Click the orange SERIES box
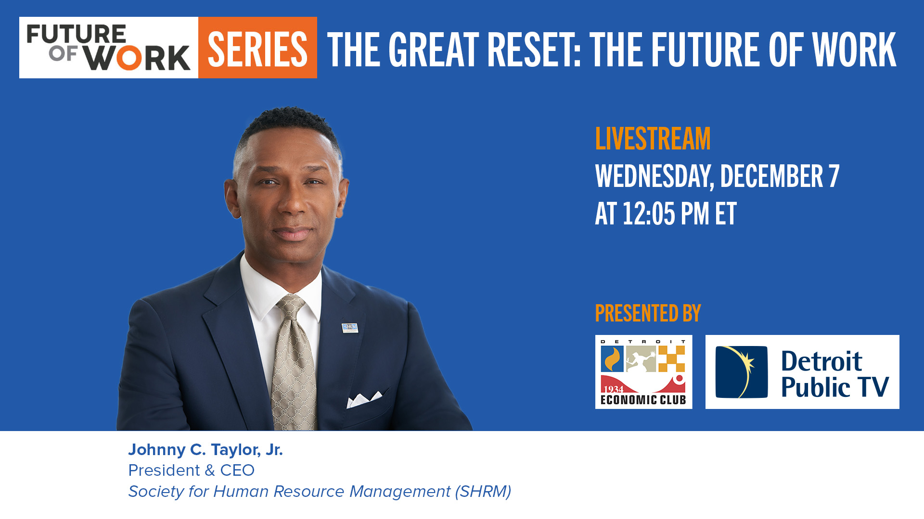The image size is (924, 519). pyautogui.click(x=257, y=48)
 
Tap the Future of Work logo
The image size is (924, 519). pyautogui.click(x=109, y=48)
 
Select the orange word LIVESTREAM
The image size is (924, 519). pyautogui.click(x=653, y=139)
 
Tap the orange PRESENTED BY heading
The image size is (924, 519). pyautogui.click(x=648, y=313)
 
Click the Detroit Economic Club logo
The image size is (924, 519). pyautogui.click(x=643, y=372)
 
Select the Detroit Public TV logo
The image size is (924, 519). pyautogui.click(x=802, y=372)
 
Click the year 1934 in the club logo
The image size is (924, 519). pyautogui.click(x=613, y=389)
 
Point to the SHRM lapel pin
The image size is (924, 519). pyautogui.click(x=350, y=327)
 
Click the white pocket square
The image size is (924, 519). pyautogui.click(x=364, y=399)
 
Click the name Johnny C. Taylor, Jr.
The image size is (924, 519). pyautogui.click(x=205, y=450)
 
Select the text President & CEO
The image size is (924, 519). pyautogui.click(x=191, y=470)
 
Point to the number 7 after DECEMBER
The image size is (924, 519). pyautogui.click(x=834, y=176)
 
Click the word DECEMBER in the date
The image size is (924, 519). pyautogui.click(x=771, y=176)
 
